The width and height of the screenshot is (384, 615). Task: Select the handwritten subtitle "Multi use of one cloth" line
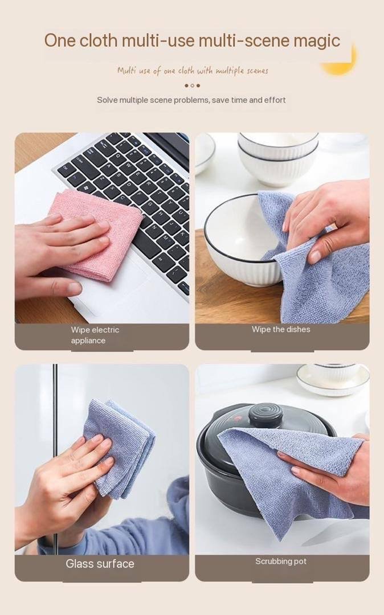click(193, 71)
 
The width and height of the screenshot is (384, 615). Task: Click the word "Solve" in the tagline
click(107, 100)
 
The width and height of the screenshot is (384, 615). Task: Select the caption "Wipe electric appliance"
click(95, 335)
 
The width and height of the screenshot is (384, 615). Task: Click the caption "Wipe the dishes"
click(281, 330)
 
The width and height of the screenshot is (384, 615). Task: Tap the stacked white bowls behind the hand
click(278, 159)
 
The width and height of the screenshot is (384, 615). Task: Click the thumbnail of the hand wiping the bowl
click(283, 228)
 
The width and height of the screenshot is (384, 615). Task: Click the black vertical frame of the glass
click(55, 459)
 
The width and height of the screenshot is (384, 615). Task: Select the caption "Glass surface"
click(100, 564)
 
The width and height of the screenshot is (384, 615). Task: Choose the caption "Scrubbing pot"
click(281, 561)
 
